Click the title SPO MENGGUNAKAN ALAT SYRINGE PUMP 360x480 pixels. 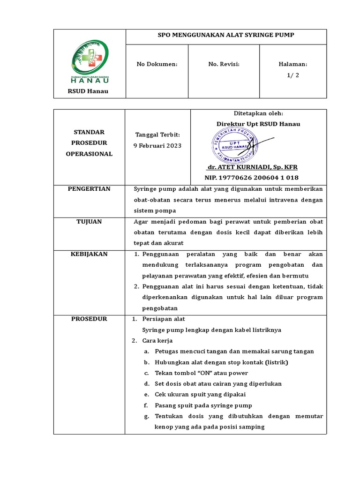226,35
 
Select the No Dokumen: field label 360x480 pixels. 157,64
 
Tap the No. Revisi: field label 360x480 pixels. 224,64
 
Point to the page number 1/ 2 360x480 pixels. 293,75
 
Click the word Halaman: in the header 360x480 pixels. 293,64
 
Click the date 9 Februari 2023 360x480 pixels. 157,145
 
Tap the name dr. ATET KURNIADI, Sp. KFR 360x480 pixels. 252,167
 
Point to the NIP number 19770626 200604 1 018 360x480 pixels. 251,178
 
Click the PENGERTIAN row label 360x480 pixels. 89,189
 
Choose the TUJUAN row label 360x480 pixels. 89,222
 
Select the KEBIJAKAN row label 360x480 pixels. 89,254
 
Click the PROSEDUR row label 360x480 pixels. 89,319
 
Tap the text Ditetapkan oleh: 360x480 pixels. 258,113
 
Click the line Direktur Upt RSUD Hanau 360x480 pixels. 258,124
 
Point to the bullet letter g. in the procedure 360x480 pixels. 147,416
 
